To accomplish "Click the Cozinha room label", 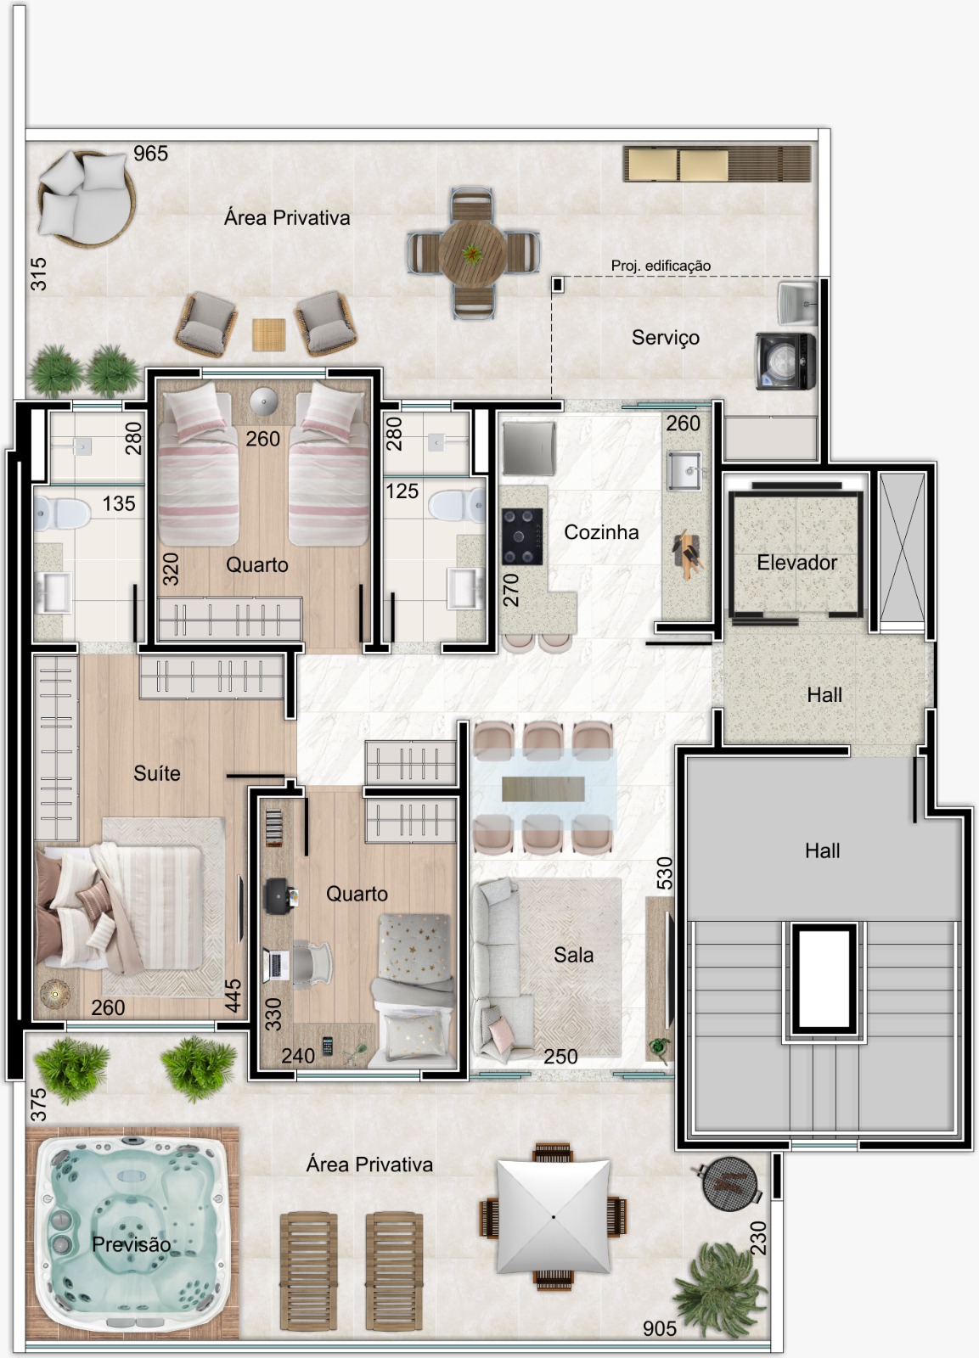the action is (601, 532).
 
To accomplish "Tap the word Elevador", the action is (796, 563).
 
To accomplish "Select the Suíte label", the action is (156, 773).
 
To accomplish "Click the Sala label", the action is (573, 955).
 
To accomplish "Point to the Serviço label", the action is (666, 338).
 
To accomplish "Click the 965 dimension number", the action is (150, 154).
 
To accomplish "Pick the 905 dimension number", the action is (660, 1329).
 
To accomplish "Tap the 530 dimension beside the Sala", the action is (665, 873).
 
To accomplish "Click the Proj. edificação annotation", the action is (661, 266).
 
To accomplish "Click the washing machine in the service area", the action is (785, 362).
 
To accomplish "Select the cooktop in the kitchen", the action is (522, 536).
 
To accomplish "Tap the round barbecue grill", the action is (729, 1183).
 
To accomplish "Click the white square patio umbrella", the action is (554, 1217).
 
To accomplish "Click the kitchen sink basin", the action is (684, 470).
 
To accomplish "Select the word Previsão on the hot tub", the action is (131, 1244).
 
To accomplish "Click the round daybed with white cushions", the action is (86, 199).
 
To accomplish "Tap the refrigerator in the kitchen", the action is (528, 448).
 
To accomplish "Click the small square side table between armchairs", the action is (268, 334).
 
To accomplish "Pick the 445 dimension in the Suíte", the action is (233, 996).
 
